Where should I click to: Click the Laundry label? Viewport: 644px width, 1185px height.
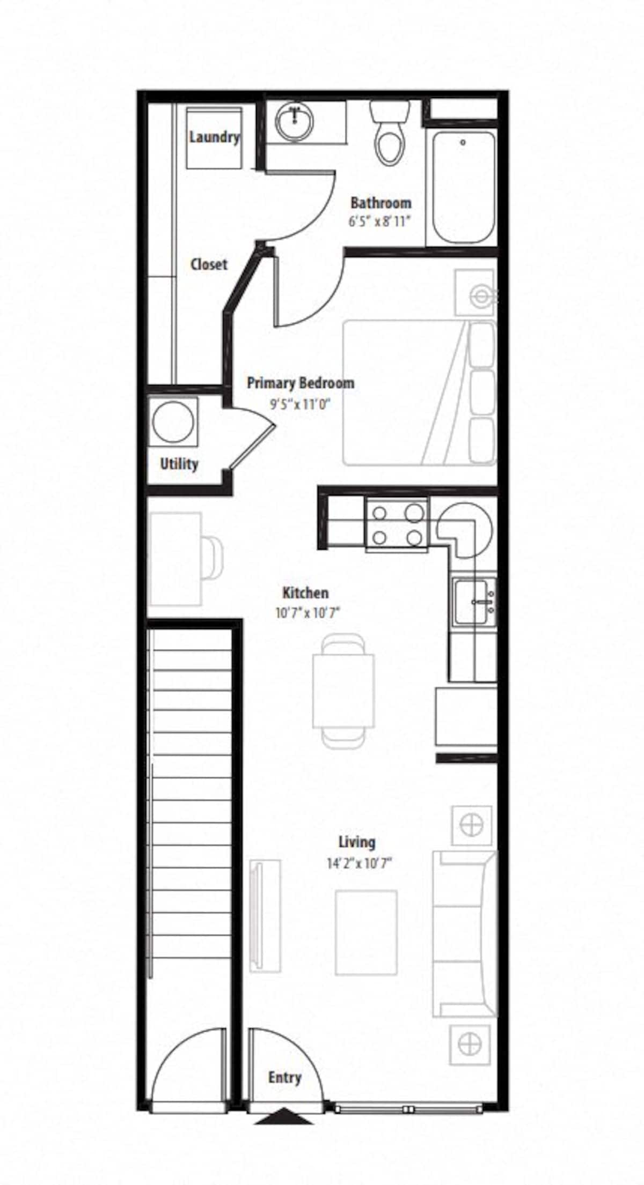(214, 137)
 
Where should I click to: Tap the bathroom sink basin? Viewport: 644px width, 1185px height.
(294, 121)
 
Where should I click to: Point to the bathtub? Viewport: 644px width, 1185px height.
(464, 188)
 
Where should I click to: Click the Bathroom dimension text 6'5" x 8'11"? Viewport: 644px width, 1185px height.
(380, 221)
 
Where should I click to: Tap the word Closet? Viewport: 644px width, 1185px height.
(209, 264)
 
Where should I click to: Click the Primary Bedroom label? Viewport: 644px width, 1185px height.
(300, 383)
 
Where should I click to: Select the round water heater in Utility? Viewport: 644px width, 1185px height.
(173, 421)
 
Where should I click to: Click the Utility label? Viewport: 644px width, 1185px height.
(179, 464)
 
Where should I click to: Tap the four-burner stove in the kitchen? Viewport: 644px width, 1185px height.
(397, 525)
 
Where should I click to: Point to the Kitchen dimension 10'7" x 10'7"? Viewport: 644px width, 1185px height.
(308, 613)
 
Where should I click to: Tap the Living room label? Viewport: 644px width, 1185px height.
(357, 842)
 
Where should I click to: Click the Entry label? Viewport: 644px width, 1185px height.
(284, 1078)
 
